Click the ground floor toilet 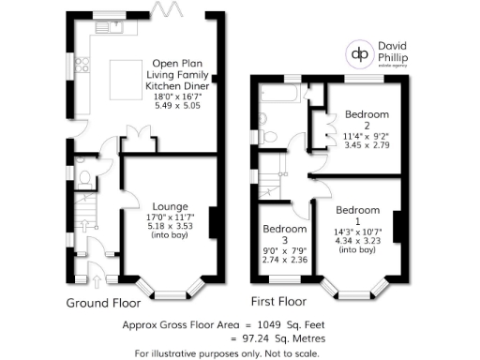(83, 175)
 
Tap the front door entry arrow (97, 277)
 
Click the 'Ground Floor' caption (103, 303)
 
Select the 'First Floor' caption (278, 303)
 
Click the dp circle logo (359, 52)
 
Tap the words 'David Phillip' (403, 47)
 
